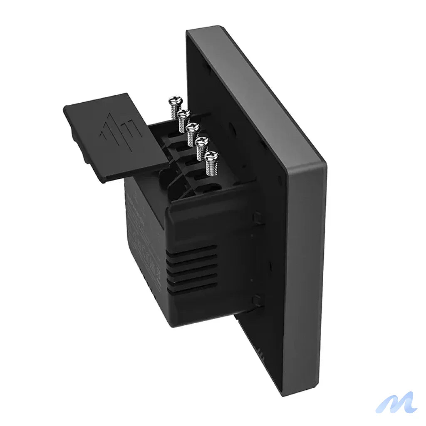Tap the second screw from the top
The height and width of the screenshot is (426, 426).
pos(183,114)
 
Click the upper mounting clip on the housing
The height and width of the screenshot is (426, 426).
pos(257,217)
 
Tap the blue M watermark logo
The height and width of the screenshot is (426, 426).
pos(396,402)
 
